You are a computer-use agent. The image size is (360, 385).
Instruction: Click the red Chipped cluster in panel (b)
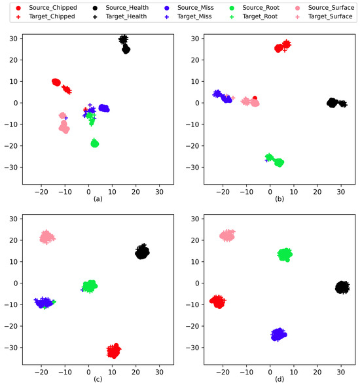282,46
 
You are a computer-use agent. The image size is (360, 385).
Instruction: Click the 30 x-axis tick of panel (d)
340,366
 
